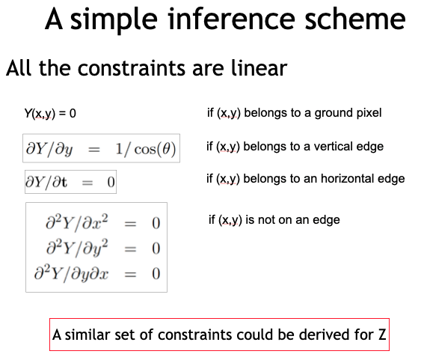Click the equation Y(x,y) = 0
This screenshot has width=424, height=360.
[50, 114]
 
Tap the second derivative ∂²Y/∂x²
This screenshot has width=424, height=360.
[78, 223]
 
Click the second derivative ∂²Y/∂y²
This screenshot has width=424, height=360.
[78, 248]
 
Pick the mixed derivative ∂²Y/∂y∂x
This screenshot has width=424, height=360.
[77, 273]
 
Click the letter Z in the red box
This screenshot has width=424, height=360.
[381, 335]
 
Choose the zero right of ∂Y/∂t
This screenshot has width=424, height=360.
[110, 182]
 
